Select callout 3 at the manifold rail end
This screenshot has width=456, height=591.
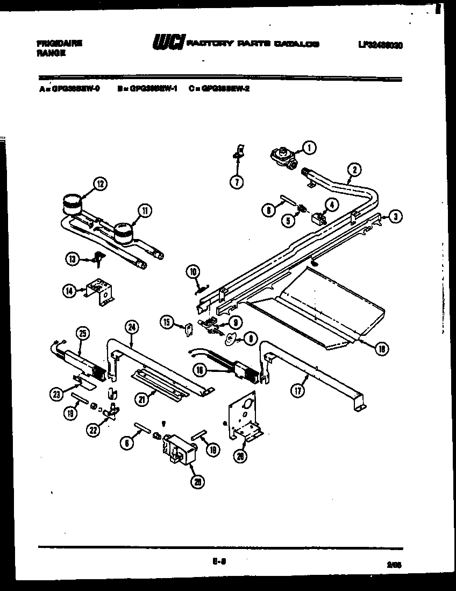395,216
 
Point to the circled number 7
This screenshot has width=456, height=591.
236,181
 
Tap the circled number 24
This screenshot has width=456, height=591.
131,326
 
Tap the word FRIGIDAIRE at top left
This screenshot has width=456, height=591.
59,44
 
